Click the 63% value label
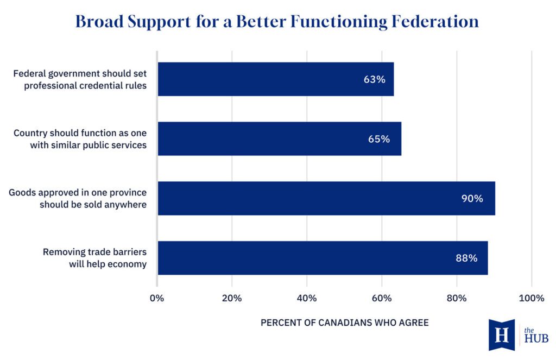click(x=375, y=79)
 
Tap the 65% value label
click(x=379, y=139)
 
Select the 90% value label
click(x=472, y=199)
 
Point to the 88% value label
click(x=466, y=258)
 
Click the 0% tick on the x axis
click(x=157, y=298)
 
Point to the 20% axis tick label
click(x=232, y=298)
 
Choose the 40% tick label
click(x=307, y=298)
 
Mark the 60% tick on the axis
click(x=382, y=298)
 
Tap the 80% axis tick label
click(x=457, y=298)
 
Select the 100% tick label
click(x=531, y=298)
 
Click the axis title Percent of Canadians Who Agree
click(x=345, y=323)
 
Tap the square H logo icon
click(x=502, y=334)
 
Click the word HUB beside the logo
click(x=536, y=339)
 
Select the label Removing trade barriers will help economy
click(x=94, y=258)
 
